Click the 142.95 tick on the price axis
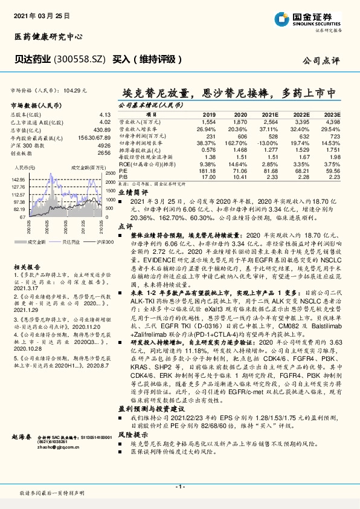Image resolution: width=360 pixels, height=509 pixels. (x=18, y=179)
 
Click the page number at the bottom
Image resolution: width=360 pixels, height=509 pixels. (x=179, y=486)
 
